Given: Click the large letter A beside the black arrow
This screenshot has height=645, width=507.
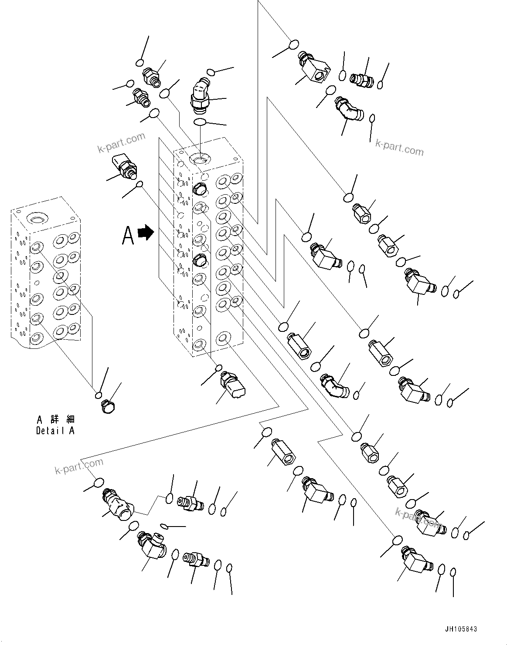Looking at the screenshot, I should tap(128, 235).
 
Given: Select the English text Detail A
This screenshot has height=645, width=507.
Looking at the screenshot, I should tap(55, 431).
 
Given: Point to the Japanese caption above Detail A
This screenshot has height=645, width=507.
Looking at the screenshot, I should tap(55, 419).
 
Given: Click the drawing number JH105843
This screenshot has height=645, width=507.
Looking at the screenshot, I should tap(461, 629).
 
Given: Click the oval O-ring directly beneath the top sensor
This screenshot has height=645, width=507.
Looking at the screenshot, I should tap(199, 123).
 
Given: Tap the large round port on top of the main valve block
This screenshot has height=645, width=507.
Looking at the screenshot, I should tap(200, 159).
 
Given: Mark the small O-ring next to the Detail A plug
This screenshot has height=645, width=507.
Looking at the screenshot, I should tap(99, 395).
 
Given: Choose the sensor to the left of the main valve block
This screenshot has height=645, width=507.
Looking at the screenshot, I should tap(122, 166).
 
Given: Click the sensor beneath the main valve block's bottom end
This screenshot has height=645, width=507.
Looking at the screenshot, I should tap(233, 385).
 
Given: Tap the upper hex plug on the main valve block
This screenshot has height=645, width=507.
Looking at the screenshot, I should tap(199, 189).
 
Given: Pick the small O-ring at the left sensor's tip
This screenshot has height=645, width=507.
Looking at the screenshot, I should tap(140, 185).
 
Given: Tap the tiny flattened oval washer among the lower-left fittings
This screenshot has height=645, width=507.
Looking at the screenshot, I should tap(164, 527).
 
